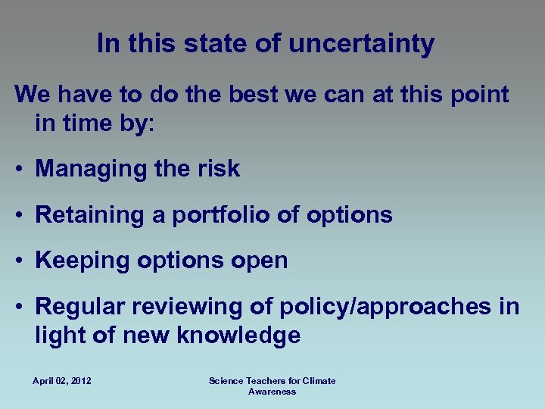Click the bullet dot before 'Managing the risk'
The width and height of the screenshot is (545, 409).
point(20,170)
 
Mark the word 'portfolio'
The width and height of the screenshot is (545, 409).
point(220,215)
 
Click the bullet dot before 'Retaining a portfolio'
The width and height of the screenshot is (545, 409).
point(20,216)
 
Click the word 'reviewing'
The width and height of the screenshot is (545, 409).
point(188,307)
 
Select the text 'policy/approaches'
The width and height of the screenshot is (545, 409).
point(385,307)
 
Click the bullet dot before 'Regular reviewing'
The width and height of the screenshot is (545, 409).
point(20,308)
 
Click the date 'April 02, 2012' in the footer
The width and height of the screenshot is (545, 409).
point(62,381)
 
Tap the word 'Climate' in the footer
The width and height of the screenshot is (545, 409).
point(319,381)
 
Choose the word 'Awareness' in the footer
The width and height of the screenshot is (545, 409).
point(272,392)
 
